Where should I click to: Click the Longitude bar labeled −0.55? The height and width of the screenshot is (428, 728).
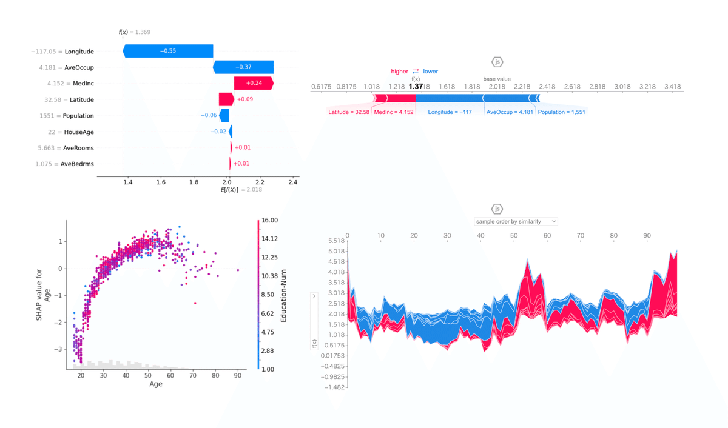point(167,52)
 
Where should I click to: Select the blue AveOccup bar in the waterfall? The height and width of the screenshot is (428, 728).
point(243,67)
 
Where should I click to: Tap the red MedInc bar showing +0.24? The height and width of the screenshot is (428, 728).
point(254,84)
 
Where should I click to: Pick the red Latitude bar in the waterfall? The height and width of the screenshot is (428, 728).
point(226,99)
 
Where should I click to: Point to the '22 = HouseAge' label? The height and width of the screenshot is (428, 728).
point(71,132)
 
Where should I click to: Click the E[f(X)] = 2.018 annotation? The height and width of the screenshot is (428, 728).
point(241,190)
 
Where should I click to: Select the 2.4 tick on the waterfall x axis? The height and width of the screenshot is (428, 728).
point(293,182)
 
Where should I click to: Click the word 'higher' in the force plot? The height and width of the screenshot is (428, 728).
point(400,72)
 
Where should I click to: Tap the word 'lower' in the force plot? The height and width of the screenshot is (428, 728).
point(430,72)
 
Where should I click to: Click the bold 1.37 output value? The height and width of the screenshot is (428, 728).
point(416,87)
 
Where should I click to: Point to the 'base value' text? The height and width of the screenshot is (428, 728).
point(497,79)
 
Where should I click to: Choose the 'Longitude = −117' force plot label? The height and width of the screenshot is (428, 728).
point(450,112)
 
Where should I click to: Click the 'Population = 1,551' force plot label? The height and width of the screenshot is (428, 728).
point(562,112)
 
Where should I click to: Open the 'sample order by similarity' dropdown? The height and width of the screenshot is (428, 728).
point(516,222)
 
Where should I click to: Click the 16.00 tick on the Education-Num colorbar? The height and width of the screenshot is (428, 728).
point(270,220)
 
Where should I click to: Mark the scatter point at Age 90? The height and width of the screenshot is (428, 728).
point(238,270)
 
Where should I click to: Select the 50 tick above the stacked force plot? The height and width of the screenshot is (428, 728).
point(514,235)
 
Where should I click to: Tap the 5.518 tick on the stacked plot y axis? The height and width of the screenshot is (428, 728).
point(335,241)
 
